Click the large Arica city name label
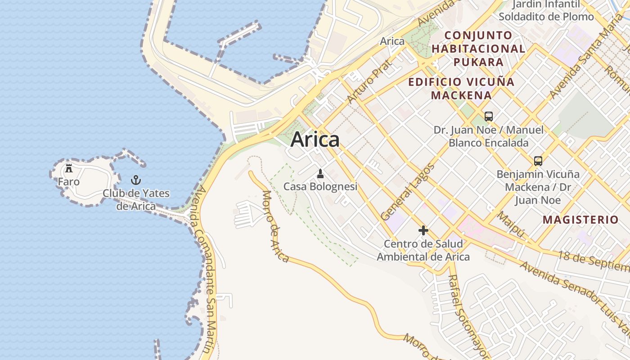tap(315, 140)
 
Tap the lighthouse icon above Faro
tap(69, 169)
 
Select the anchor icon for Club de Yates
tap(136, 180)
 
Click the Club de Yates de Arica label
tap(136, 200)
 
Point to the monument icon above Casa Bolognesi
tap(320, 174)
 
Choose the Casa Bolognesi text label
tap(320, 186)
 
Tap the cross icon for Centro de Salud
tap(423, 231)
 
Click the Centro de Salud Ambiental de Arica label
tap(423, 251)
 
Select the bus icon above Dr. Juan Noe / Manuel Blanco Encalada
tap(489, 117)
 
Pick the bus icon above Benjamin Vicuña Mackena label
tap(538, 161)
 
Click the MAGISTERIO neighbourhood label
tap(580, 220)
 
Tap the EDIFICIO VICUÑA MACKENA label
tap(461, 89)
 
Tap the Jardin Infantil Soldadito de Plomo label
tap(546, 11)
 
